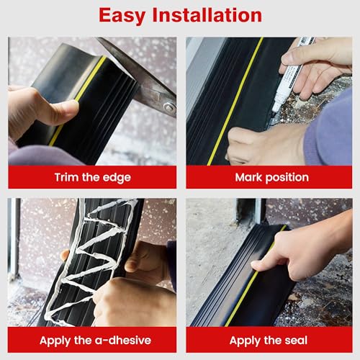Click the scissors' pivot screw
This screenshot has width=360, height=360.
[x=168, y=107]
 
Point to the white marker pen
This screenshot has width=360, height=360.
[x=292, y=72]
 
